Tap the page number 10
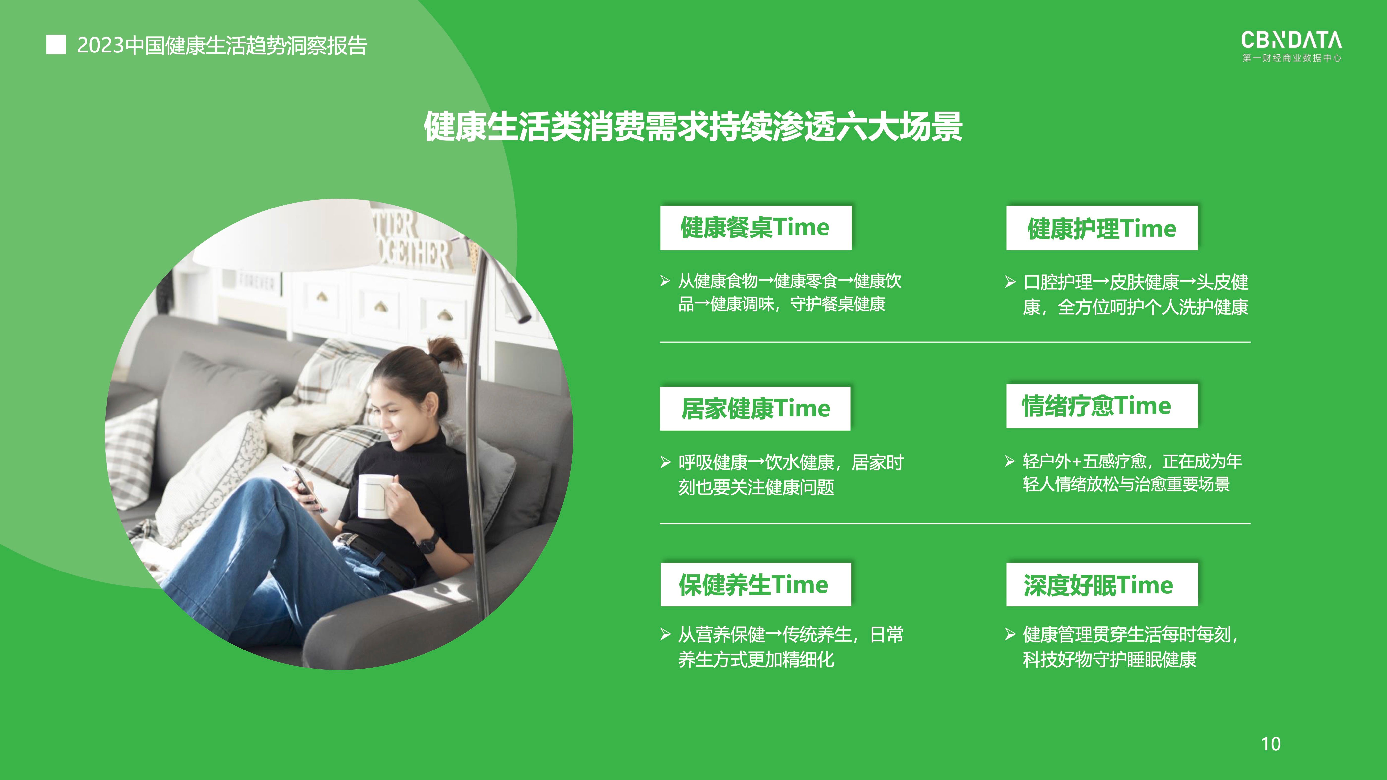tap(1271, 744)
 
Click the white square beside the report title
tap(56, 45)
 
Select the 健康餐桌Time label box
tap(755, 228)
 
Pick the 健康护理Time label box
tap(1102, 228)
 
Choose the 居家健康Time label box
tap(755, 408)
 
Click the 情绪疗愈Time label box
tap(1102, 406)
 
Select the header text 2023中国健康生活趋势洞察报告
tap(222, 45)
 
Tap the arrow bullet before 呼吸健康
tap(666, 462)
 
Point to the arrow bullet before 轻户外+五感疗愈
tap(1010, 461)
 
